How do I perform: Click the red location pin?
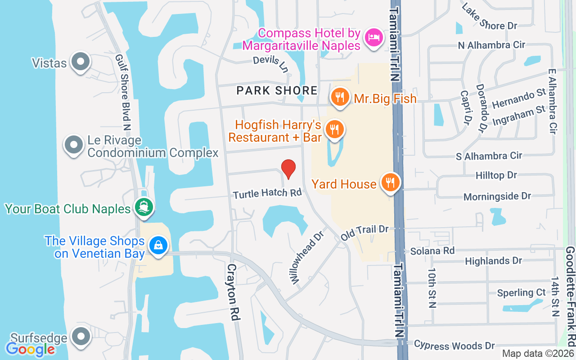click(288, 169)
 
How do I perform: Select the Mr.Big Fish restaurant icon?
click(340, 97)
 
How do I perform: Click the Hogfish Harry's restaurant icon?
click(334, 130)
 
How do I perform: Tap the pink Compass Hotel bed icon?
click(373, 36)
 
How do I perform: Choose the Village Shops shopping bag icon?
click(158, 246)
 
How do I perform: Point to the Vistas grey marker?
click(81, 61)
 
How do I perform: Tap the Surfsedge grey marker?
click(81, 336)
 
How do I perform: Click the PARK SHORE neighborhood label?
click(277, 90)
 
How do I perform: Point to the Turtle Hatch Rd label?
click(267, 193)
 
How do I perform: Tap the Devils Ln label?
click(270, 63)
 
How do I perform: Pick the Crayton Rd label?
click(232, 292)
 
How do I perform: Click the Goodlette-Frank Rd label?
click(571, 299)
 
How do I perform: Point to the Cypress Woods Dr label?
click(454, 346)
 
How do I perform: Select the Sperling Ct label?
click(521, 293)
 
